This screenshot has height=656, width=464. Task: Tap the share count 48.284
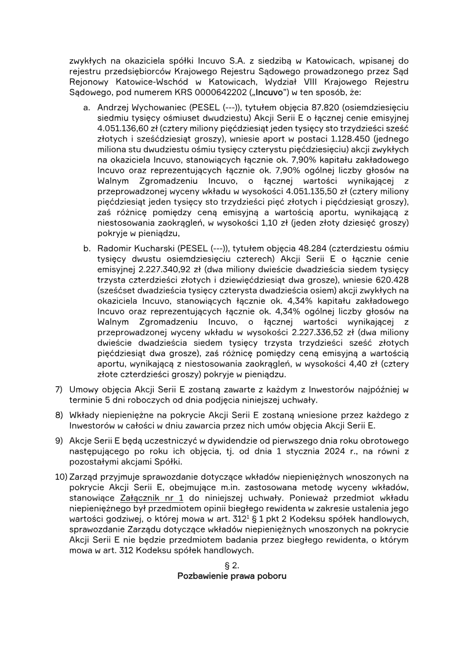308,248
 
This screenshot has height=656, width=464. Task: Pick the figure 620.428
393,280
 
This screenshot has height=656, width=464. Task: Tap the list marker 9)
59,441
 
